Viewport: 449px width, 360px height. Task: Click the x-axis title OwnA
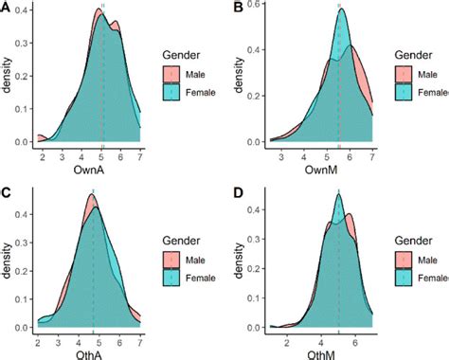pyautogui.click(x=89, y=171)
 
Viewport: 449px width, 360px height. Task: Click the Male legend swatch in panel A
pyautogui.click(x=171, y=74)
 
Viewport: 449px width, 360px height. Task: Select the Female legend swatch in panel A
pyautogui.click(x=171, y=91)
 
